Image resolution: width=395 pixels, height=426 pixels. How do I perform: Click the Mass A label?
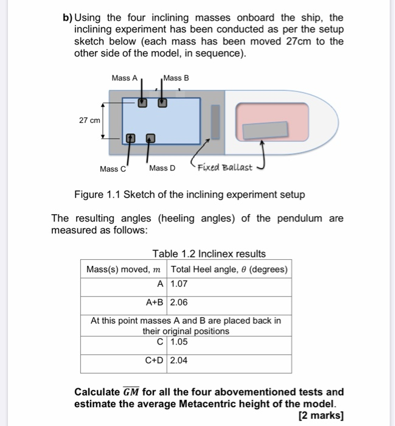(125, 78)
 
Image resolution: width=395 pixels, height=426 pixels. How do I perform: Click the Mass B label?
(177, 78)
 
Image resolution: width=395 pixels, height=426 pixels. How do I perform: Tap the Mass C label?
(113, 169)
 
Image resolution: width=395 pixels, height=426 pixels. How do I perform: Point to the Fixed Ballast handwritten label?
(226, 167)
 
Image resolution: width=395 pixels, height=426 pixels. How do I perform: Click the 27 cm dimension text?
(89, 120)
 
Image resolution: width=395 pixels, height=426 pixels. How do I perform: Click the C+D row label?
(155, 360)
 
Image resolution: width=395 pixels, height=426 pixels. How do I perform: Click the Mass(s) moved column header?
(124, 269)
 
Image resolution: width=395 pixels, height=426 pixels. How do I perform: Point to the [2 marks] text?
(321, 416)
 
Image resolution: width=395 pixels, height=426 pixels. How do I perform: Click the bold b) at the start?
(68, 18)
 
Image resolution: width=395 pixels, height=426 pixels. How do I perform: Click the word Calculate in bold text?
(97, 391)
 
